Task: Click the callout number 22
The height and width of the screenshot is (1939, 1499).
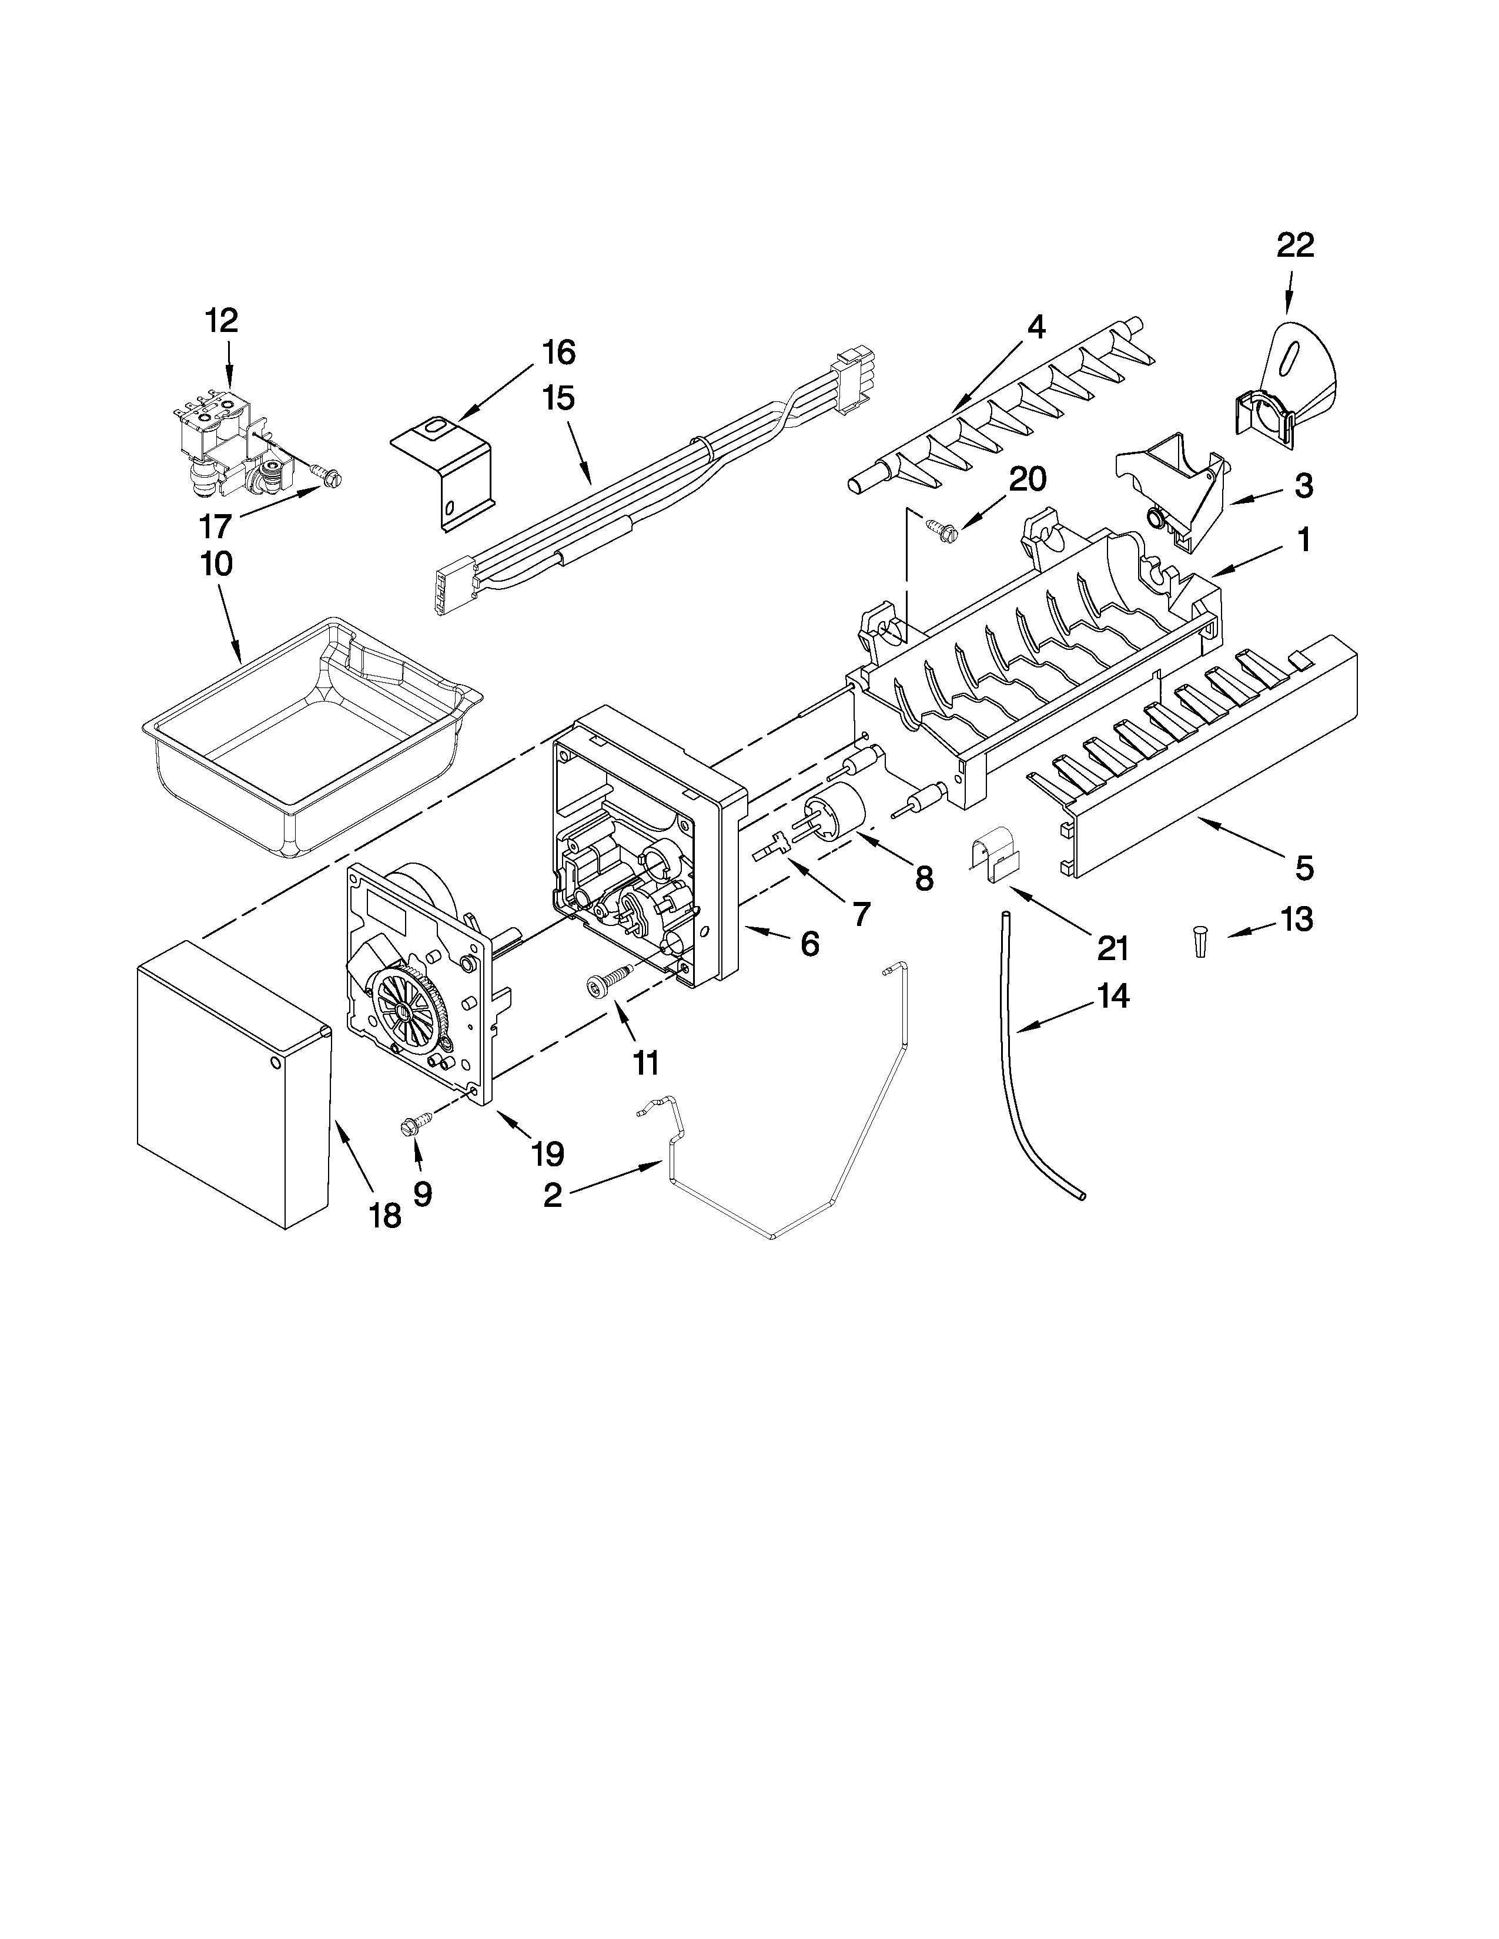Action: tap(1295, 245)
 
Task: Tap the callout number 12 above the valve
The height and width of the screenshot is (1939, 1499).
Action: tap(222, 320)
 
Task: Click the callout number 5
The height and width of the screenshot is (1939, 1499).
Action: tap(1303, 867)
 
